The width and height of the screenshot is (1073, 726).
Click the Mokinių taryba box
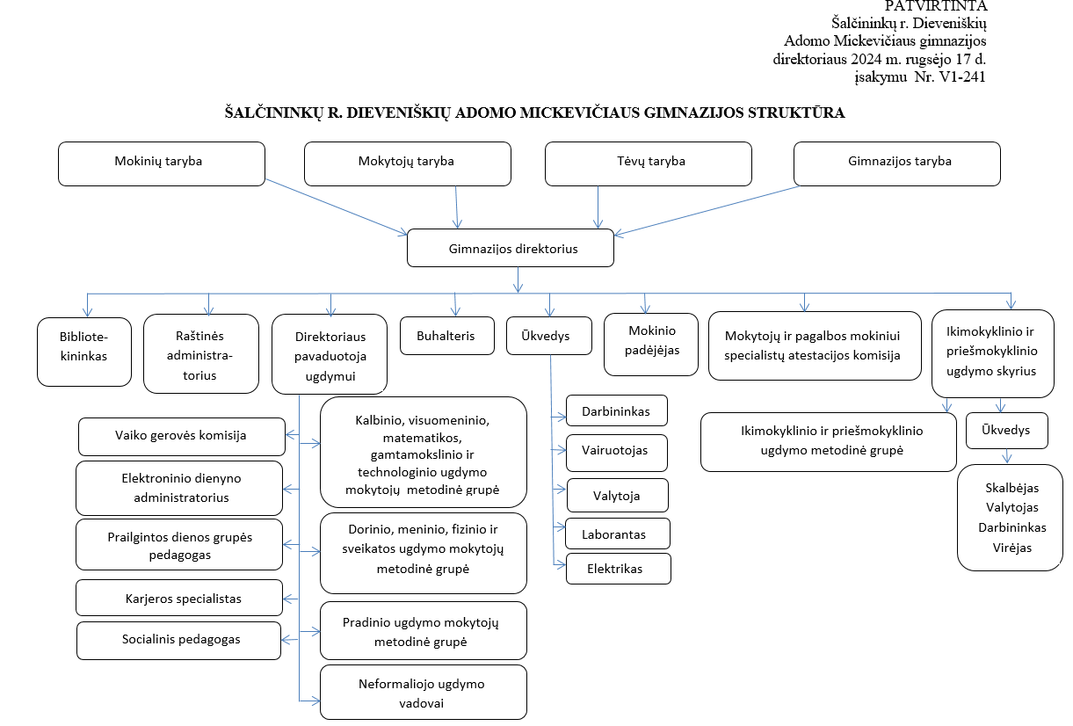(x=162, y=163)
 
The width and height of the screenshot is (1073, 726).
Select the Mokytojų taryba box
(x=408, y=163)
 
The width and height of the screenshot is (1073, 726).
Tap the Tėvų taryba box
(x=649, y=163)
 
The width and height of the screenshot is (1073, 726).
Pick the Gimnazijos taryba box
(x=897, y=163)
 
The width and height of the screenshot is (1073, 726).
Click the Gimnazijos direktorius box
(x=511, y=248)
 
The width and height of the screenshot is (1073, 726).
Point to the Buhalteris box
(x=447, y=336)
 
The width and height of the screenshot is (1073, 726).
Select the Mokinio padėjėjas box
(x=651, y=344)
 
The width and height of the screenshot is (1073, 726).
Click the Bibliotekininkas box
(x=84, y=352)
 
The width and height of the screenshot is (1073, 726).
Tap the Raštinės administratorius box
(x=201, y=353)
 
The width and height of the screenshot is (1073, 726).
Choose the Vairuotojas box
(x=617, y=453)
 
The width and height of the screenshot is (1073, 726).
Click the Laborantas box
(x=618, y=534)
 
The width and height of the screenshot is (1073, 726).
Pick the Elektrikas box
(x=619, y=569)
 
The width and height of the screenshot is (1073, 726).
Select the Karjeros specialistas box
(x=179, y=598)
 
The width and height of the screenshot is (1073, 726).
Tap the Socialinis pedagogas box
(x=178, y=640)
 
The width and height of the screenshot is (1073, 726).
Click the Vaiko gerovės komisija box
(x=182, y=437)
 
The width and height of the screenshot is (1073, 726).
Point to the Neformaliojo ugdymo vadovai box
(x=424, y=692)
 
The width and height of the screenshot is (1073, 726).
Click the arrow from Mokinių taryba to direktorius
(x=337, y=207)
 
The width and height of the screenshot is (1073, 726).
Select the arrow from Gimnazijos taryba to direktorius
(x=707, y=211)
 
